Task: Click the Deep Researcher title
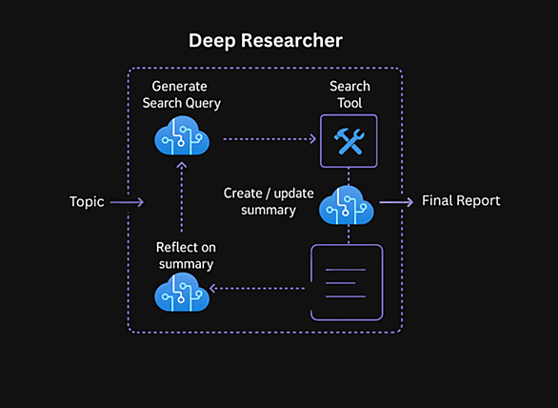266,41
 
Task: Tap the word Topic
87,202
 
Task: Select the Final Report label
461,200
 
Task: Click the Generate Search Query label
182,94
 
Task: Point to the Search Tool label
349,94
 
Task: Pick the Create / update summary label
269,202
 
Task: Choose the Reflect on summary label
186,255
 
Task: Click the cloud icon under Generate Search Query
182,135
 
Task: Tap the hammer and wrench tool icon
349,141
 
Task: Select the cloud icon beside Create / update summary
347,205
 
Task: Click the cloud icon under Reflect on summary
182,293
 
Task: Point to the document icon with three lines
347,282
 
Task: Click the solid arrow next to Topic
127,202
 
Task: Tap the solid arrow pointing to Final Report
396,202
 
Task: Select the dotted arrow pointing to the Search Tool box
269,139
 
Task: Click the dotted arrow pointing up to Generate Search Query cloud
182,197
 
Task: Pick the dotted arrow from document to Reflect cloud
257,288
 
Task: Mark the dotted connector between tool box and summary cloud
349,176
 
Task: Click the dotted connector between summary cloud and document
349,235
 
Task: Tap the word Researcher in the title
291,41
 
